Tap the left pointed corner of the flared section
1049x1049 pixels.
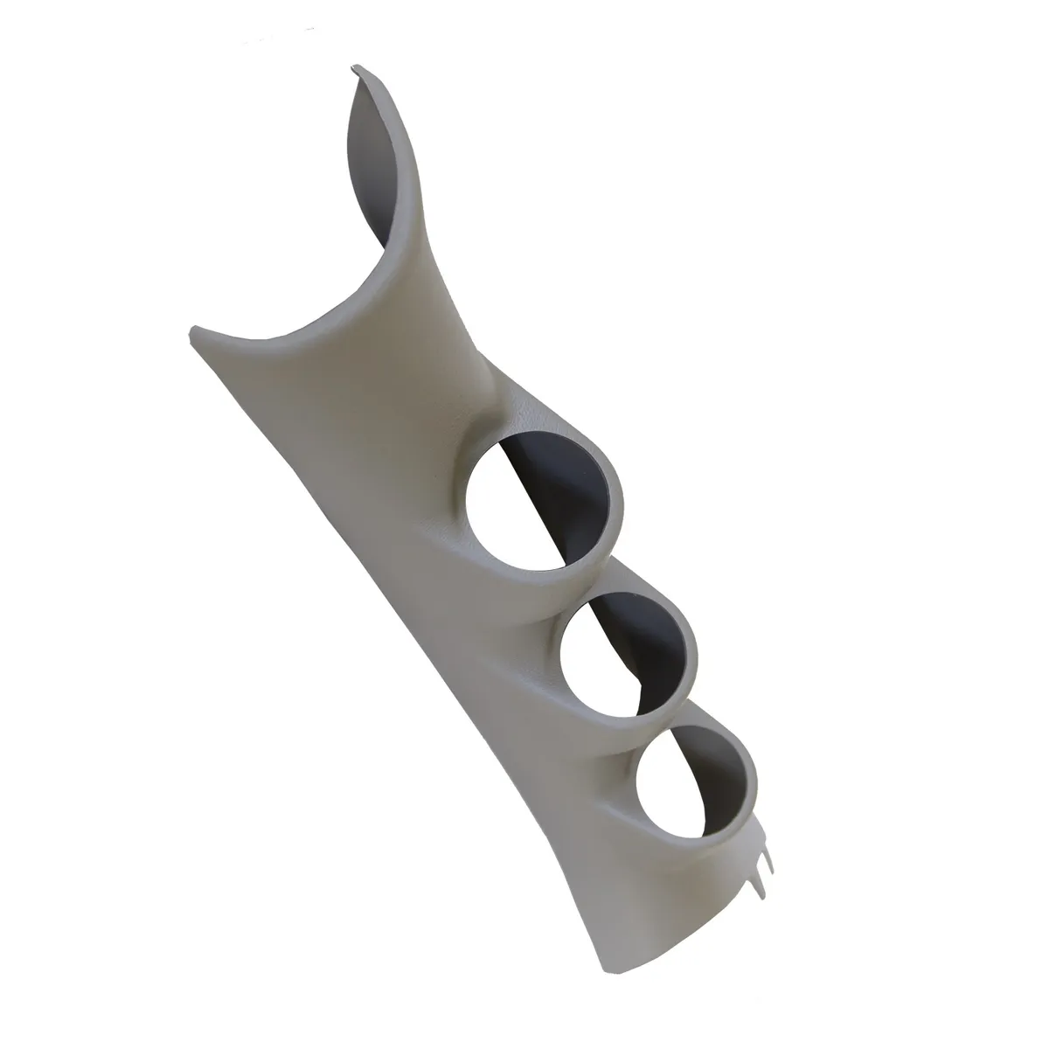(194, 330)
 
